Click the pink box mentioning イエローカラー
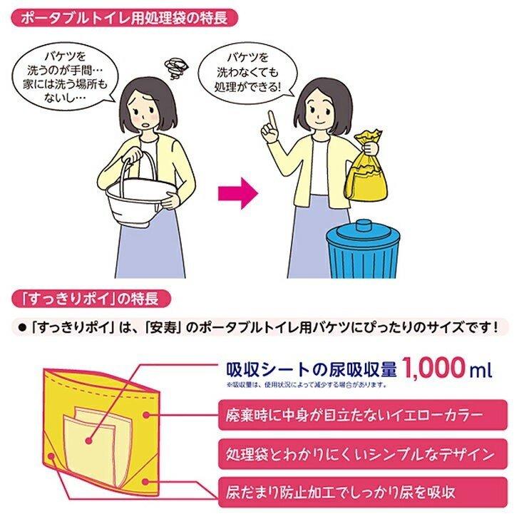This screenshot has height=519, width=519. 364,412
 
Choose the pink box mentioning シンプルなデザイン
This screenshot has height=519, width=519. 364,451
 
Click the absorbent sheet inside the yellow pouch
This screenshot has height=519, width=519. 92,442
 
